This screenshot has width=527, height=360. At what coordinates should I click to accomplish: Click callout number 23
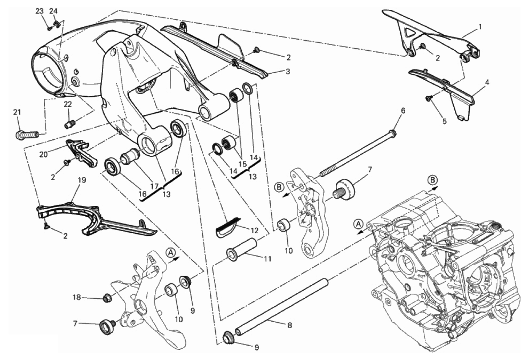pyautogui.click(x=39, y=11)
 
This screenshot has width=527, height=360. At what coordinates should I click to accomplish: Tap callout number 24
pyautogui.click(x=53, y=11)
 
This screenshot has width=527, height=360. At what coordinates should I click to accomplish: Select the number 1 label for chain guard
pyautogui.click(x=480, y=26)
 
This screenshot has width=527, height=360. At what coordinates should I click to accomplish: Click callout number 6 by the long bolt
pyautogui.click(x=403, y=111)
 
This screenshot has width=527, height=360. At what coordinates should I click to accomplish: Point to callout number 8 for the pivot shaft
pyautogui.click(x=289, y=326)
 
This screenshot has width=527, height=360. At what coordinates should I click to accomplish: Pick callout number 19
pyautogui.click(x=81, y=181)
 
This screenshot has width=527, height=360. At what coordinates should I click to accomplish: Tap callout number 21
pyautogui.click(x=17, y=112)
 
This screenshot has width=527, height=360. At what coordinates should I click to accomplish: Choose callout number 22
pyautogui.click(x=68, y=104)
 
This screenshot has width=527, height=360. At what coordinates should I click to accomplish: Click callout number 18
pyautogui.click(x=76, y=298)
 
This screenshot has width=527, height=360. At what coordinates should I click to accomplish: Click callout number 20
pyautogui.click(x=44, y=154)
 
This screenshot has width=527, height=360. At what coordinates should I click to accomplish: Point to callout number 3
pyautogui.click(x=288, y=72)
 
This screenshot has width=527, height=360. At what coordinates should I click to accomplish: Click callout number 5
pyautogui.click(x=444, y=121)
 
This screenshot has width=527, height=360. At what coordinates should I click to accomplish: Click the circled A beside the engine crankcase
pyautogui.click(x=359, y=224)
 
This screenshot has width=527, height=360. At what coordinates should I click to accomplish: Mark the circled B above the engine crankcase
pyautogui.click(x=432, y=180)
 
